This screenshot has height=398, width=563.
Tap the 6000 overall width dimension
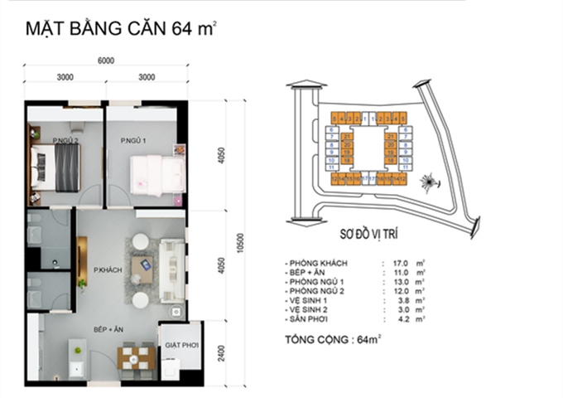tap(105, 61)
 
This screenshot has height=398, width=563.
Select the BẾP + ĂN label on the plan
tap(108, 329)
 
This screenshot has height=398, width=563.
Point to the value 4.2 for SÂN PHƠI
tap(404, 318)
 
